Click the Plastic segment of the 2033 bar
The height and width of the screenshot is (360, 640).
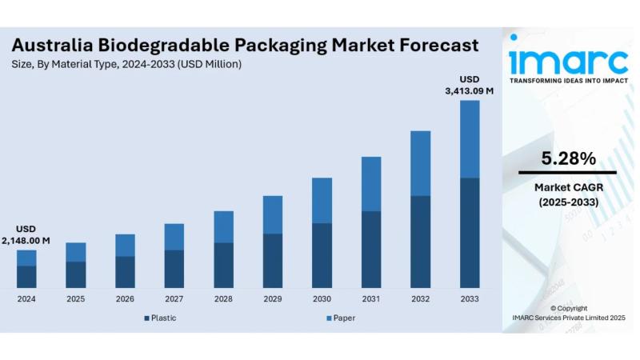(x=470, y=232)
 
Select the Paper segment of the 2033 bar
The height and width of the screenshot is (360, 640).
(x=470, y=138)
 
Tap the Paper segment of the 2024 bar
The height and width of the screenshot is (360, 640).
(x=26, y=258)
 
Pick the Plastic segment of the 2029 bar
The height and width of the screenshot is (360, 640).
(x=273, y=260)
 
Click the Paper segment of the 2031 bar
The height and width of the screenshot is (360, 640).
(x=371, y=184)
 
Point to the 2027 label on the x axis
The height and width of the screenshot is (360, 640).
(x=174, y=298)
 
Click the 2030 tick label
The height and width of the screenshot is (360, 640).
(x=322, y=298)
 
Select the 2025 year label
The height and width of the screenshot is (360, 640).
(x=76, y=298)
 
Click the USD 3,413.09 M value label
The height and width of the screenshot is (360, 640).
(x=470, y=85)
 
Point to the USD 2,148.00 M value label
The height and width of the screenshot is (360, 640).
(x=26, y=234)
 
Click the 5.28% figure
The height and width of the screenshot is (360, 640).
(x=568, y=158)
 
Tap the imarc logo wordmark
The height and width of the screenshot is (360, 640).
(x=568, y=59)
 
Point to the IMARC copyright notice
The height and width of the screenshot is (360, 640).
(x=568, y=313)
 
